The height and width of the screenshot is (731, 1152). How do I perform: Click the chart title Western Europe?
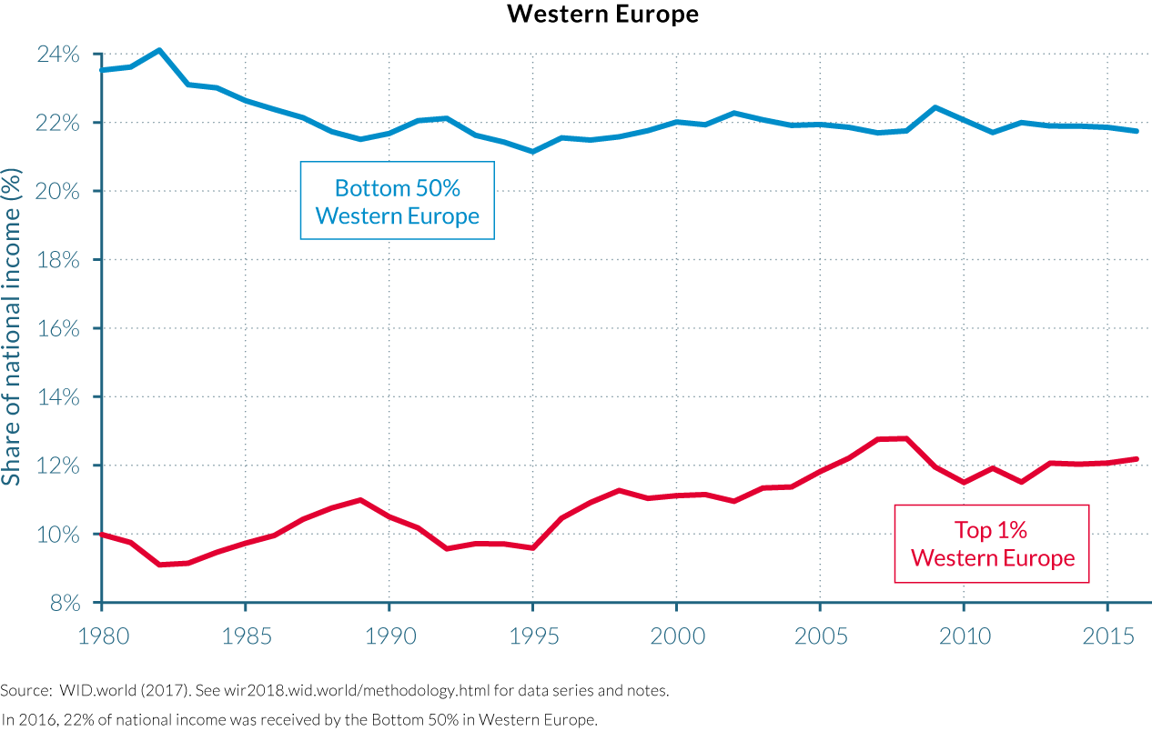602,15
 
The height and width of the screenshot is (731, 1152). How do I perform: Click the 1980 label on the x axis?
101,635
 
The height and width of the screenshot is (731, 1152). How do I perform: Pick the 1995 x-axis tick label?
532,635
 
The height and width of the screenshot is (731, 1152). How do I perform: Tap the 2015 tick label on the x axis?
1107,635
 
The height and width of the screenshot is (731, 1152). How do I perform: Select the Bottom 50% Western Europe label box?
398,201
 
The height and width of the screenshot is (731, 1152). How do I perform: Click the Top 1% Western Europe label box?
992,543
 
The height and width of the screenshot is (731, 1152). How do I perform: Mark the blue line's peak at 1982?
159,50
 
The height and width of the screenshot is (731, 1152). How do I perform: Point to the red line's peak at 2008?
905,438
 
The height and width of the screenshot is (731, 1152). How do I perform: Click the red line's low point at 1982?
159,565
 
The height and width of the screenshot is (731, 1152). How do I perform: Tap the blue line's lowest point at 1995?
532,151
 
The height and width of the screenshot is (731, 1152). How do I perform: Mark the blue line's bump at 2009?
935,107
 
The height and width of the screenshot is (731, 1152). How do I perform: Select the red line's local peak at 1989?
360,500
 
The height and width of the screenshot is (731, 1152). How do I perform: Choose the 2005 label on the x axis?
820,635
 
